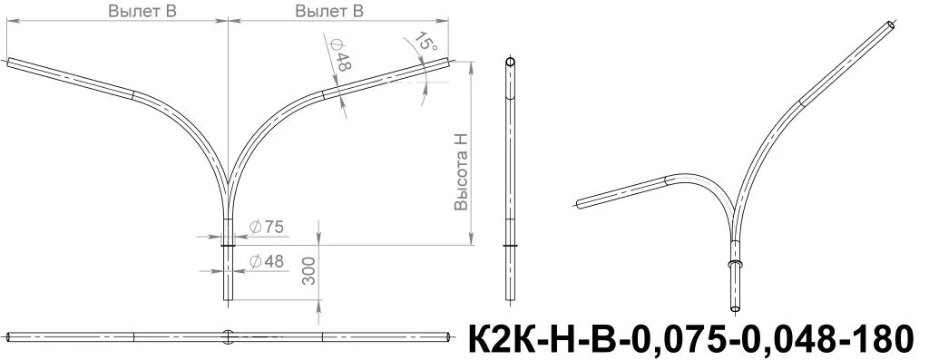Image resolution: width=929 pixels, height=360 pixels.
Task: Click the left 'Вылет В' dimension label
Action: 142,11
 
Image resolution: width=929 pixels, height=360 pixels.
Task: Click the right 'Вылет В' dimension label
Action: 329,11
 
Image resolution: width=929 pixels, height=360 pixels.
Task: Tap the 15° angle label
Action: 425,42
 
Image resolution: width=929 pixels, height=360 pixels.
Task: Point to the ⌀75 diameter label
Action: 267,226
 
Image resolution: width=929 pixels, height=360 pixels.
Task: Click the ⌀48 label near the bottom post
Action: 267,261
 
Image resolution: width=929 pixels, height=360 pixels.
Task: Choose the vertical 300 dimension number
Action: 309,272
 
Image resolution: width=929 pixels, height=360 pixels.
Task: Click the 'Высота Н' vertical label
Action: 461,171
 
